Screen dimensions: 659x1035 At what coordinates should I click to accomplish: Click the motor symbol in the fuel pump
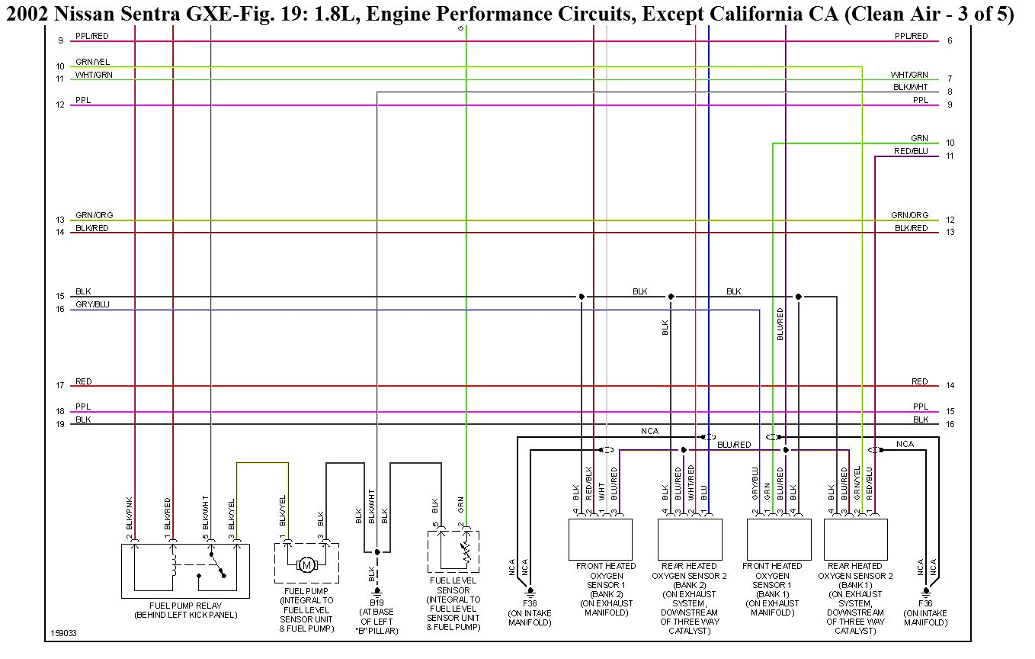point(307,565)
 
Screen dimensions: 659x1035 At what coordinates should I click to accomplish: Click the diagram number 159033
point(63,634)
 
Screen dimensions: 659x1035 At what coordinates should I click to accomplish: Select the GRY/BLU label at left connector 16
point(92,304)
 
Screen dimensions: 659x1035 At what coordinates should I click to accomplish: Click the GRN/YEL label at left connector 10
point(92,62)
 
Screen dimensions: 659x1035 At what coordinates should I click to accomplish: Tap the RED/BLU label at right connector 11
point(911,151)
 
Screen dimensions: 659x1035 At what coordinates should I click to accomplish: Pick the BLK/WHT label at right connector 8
point(911,87)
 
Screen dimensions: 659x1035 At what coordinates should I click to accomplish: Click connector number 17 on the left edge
point(60,386)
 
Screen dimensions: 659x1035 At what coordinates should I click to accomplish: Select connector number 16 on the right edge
point(950,424)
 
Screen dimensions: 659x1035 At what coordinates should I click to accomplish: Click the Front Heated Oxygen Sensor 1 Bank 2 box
point(601,539)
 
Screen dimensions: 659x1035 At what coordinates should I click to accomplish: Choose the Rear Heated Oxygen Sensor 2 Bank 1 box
point(855,539)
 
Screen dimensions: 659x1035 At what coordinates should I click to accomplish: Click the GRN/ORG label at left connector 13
point(94,215)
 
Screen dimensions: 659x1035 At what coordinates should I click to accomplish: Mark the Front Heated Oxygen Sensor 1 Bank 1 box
point(778,539)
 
